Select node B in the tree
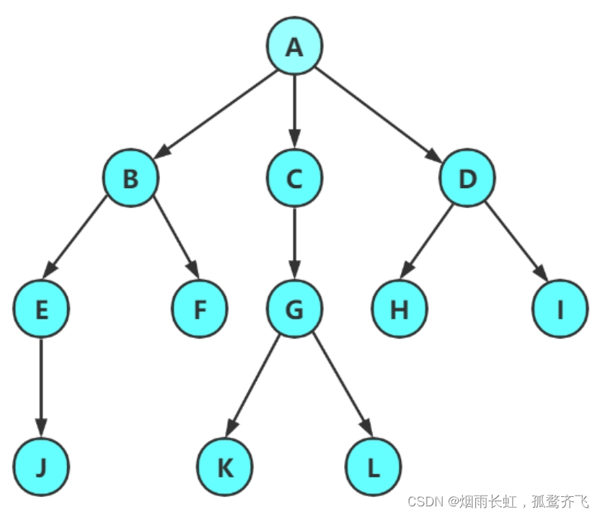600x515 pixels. [x=131, y=178]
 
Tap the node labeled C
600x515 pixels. [x=294, y=178]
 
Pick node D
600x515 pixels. [x=468, y=178]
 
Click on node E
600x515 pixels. [x=41, y=309]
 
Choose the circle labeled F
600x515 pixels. [x=200, y=309]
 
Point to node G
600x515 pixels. [x=294, y=309]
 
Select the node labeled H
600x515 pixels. [x=400, y=309]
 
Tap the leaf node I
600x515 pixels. [x=560, y=309]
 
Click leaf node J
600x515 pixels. [x=41, y=467]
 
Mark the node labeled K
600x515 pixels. [x=225, y=467]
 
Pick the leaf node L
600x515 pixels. [x=373, y=467]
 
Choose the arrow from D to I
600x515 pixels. [x=514, y=243]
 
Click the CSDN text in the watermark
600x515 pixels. [x=424, y=501]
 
